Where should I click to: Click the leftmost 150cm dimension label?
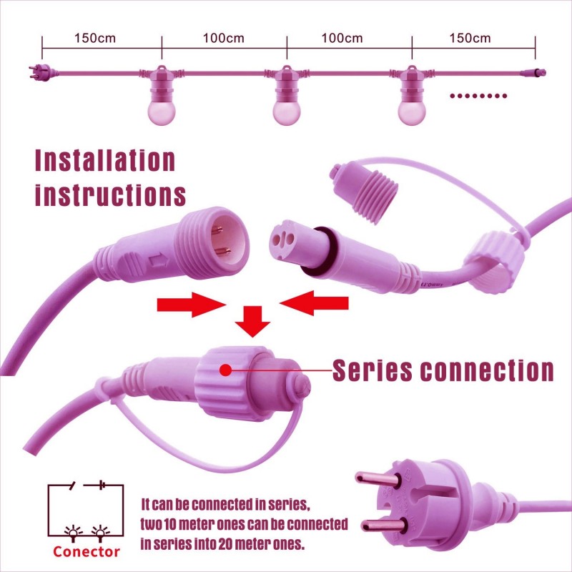[95, 39]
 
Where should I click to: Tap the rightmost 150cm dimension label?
[470, 39]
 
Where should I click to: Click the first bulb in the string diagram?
[162, 113]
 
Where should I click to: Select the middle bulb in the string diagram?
[287, 113]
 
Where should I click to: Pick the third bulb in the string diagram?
[412, 113]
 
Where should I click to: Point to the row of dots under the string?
[478, 96]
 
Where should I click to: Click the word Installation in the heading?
[105, 160]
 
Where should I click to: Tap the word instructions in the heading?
[110, 194]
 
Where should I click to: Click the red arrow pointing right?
[191, 305]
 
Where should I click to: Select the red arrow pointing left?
[314, 302]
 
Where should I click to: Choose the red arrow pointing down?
[252, 321]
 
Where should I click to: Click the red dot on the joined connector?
[226, 370]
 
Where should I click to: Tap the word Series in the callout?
[373, 370]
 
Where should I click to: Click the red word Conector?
[86, 551]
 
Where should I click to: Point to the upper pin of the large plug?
[378, 480]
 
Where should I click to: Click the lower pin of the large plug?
[383, 525]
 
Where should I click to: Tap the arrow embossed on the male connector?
[158, 261]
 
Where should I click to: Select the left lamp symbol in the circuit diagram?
[74, 533]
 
